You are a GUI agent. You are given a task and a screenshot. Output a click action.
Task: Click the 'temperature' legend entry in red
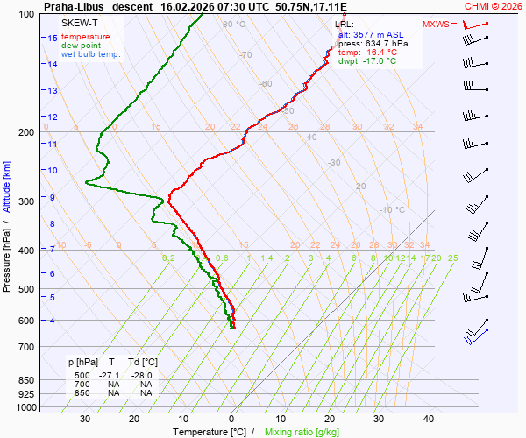[x=86, y=37]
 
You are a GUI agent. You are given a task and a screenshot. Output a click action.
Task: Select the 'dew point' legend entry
[x=80, y=46]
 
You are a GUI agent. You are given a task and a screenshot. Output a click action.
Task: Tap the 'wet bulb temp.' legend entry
[x=90, y=54]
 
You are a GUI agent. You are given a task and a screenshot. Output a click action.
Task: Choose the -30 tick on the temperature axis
[x=84, y=419]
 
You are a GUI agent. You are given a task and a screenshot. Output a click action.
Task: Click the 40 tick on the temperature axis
[x=430, y=419]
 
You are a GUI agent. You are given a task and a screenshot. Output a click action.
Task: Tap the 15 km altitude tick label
[x=53, y=39]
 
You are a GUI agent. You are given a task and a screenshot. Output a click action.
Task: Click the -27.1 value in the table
[x=110, y=374]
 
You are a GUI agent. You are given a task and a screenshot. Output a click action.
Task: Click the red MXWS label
[x=435, y=25]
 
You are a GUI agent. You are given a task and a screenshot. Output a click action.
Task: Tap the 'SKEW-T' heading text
[x=80, y=24]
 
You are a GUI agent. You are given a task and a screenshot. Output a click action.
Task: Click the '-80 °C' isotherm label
[x=232, y=25]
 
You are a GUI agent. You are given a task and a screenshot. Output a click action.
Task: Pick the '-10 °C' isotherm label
[x=392, y=210]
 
